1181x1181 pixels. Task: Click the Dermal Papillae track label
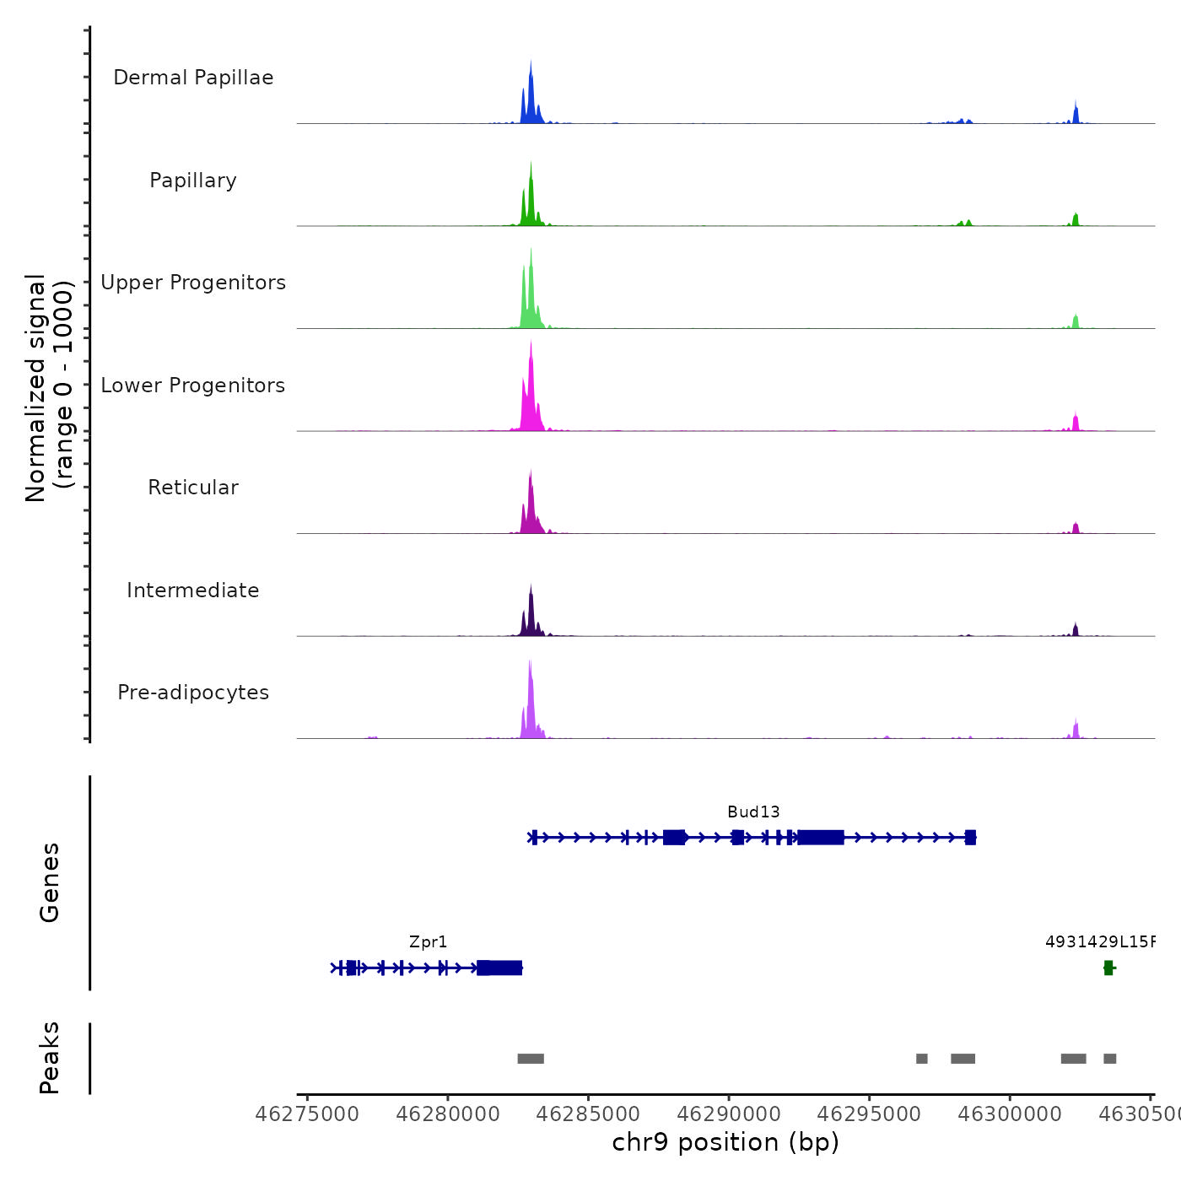pos(193,78)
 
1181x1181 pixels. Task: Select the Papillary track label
pos(193,181)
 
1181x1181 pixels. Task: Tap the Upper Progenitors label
pos(193,283)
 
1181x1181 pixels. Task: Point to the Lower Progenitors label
pos(193,386)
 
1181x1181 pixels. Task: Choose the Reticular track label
pos(193,488)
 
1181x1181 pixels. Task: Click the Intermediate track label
pos(193,590)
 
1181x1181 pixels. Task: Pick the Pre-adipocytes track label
pos(193,693)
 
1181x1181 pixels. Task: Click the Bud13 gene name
pos(753,812)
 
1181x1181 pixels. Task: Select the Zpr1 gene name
pos(428,942)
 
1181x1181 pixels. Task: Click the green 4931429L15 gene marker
pos(1108,968)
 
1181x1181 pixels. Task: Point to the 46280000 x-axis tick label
pos(447,1114)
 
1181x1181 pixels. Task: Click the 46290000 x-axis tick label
pos(729,1114)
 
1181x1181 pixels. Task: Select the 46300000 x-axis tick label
pos(1010,1114)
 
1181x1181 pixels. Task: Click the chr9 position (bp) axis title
pos(725,1142)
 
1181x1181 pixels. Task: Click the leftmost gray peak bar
pos(531,1059)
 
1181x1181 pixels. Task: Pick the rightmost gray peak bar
pos(1109,1059)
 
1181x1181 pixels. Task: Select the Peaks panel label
pos(49,1058)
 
